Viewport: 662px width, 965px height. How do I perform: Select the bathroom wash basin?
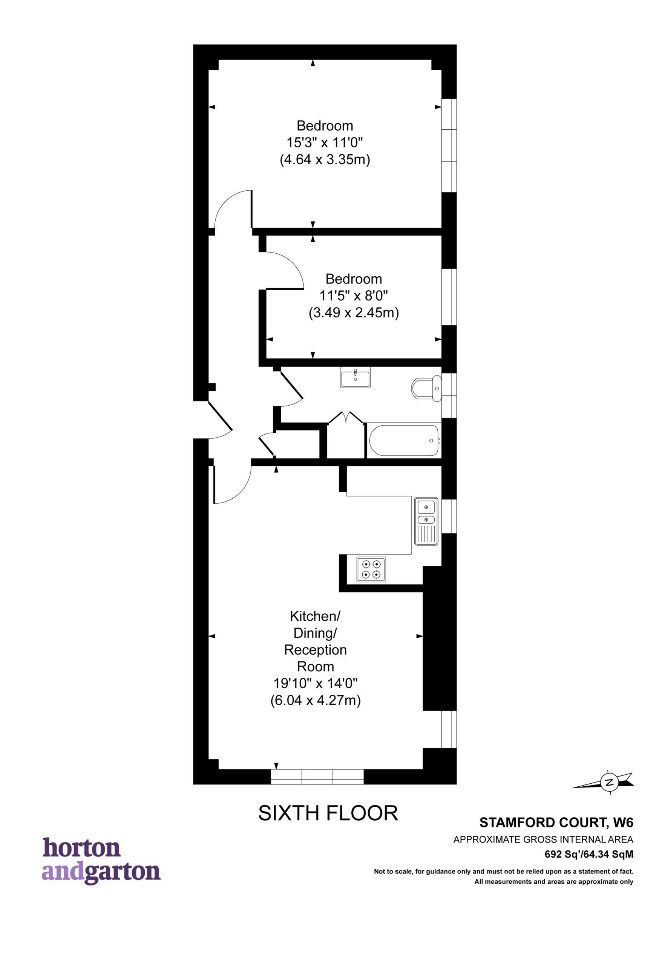[x=355, y=378]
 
